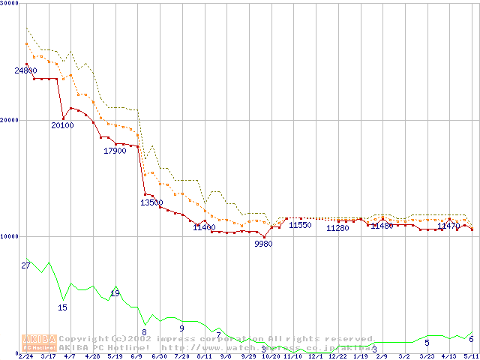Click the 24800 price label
[25, 70]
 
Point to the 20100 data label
[62, 125]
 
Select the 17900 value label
[115, 151]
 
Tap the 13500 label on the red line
[151, 202]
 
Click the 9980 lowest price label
[263, 244]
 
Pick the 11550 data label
[300, 225]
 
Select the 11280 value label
[337, 228]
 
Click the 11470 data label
[448, 226]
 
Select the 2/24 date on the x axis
[25, 356]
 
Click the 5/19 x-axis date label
[115, 356]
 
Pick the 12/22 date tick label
[337, 356]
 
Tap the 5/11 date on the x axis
[470, 356]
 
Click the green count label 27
[25, 266]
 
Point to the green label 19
[115, 293]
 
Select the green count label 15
[63, 307]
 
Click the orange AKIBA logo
[40, 343]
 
